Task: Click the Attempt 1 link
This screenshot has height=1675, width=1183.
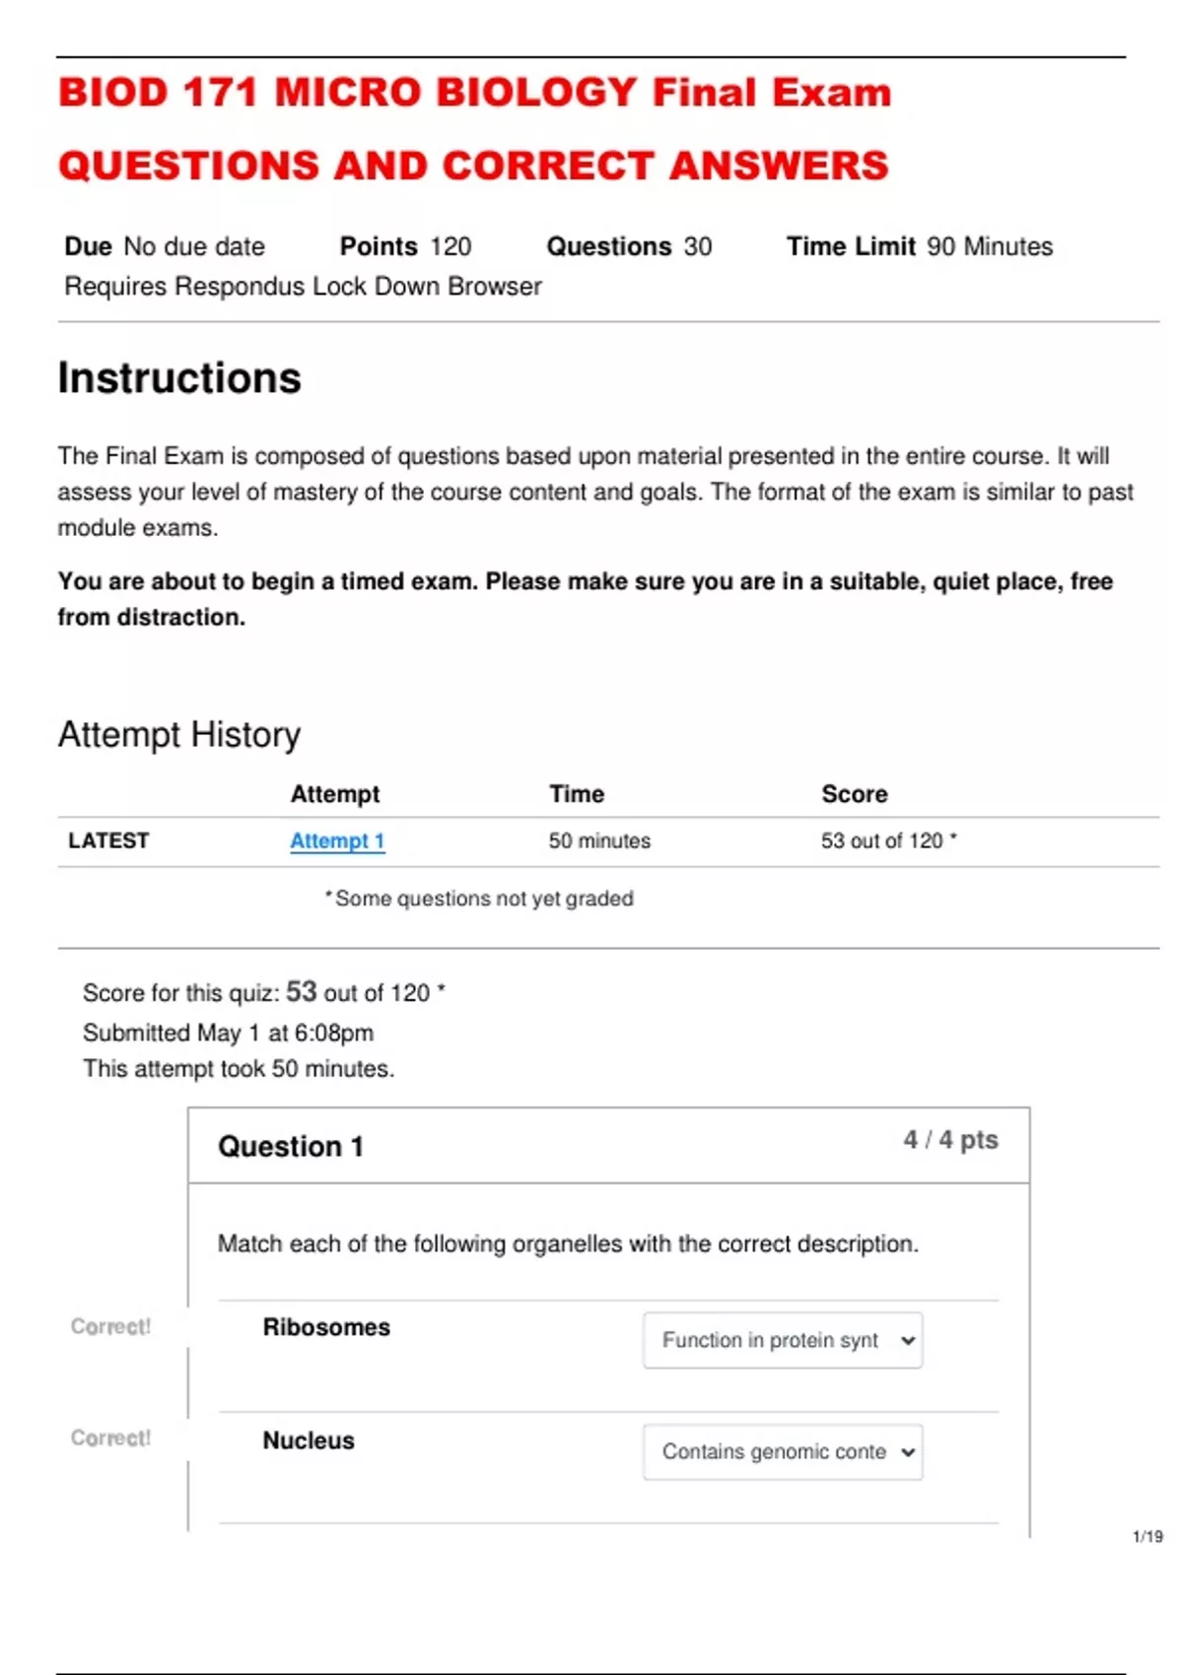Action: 337,841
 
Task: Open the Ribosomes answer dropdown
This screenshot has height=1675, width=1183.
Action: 783,1340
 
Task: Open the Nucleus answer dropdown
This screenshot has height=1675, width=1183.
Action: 783,1451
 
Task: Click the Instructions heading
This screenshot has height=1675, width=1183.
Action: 179,378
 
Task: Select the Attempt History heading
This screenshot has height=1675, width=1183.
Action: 179,735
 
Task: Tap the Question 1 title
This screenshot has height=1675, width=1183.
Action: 291,1147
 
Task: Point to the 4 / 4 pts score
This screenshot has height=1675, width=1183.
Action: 950,1140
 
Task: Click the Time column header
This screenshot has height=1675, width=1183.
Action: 577,794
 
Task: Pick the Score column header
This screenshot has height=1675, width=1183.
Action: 855,794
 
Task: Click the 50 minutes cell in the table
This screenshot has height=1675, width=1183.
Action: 599,841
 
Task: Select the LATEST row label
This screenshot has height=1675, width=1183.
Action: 108,841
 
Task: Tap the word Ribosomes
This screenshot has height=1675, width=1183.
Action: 326,1328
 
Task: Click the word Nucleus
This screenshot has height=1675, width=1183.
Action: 309,1440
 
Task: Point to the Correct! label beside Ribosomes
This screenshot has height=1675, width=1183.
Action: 110,1327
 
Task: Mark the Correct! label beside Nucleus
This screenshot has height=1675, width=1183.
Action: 110,1439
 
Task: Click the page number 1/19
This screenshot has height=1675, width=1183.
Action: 1148,1536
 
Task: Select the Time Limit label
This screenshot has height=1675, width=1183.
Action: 851,246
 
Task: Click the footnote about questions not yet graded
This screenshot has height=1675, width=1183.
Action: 480,899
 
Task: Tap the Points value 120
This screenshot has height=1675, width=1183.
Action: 451,246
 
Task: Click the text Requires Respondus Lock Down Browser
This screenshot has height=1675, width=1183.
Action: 303,287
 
